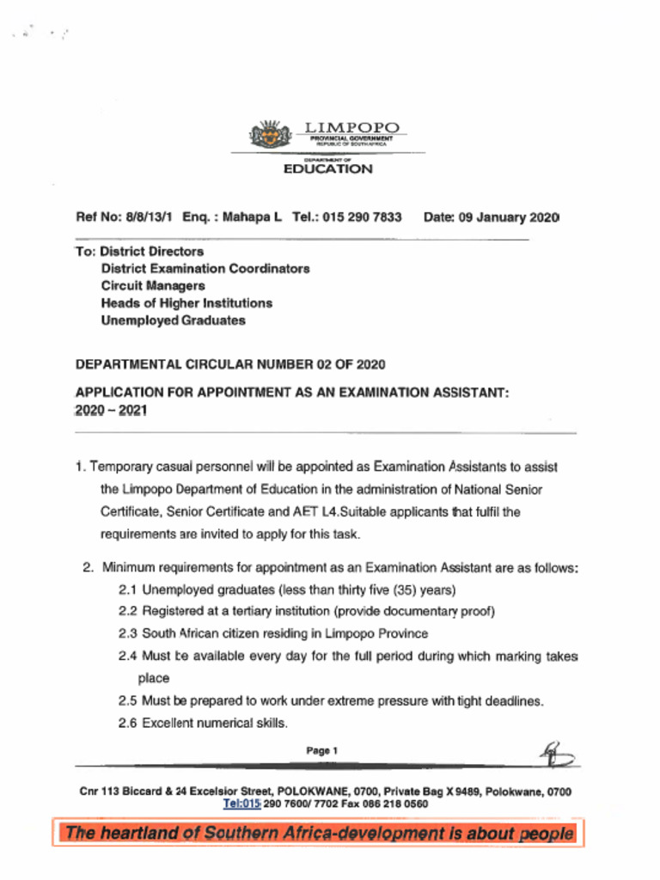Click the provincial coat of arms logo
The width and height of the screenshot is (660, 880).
click(x=271, y=135)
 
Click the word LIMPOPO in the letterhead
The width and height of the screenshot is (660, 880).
click(x=353, y=128)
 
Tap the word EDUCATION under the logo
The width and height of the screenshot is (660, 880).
click(x=328, y=169)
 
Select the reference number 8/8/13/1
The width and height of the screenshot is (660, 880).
click(x=150, y=217)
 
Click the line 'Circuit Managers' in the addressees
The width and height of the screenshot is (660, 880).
click(x=153, y=286)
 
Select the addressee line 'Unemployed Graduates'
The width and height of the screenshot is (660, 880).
click(x=173, y=321)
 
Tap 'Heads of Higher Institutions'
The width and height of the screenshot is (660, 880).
click(x=186, y=303)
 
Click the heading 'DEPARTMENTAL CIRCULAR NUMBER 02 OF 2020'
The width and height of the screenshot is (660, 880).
click(x=230, y=364)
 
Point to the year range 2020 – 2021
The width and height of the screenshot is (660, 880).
click(x=112, y=411)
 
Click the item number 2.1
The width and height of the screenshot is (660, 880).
click(x=127, y=590)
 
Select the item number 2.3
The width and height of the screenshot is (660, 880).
click(x=127, y=634)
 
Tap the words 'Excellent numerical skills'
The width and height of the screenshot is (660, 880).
click(x=214, y=723)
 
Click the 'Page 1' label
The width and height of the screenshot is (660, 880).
click(x=322, y=751)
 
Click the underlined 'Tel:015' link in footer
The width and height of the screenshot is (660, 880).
click(x=241, y=804)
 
